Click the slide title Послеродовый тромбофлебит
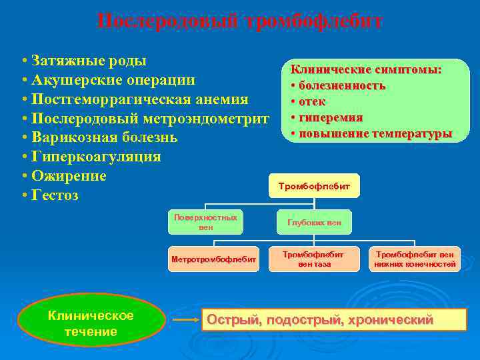pos(239,21)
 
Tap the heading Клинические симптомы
pos(366,70)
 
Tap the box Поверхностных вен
pos(205,222)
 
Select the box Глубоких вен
pos(314,223)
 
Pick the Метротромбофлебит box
pos(213,259)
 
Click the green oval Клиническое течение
pos(91,323)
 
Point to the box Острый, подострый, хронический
pos(333,320)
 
